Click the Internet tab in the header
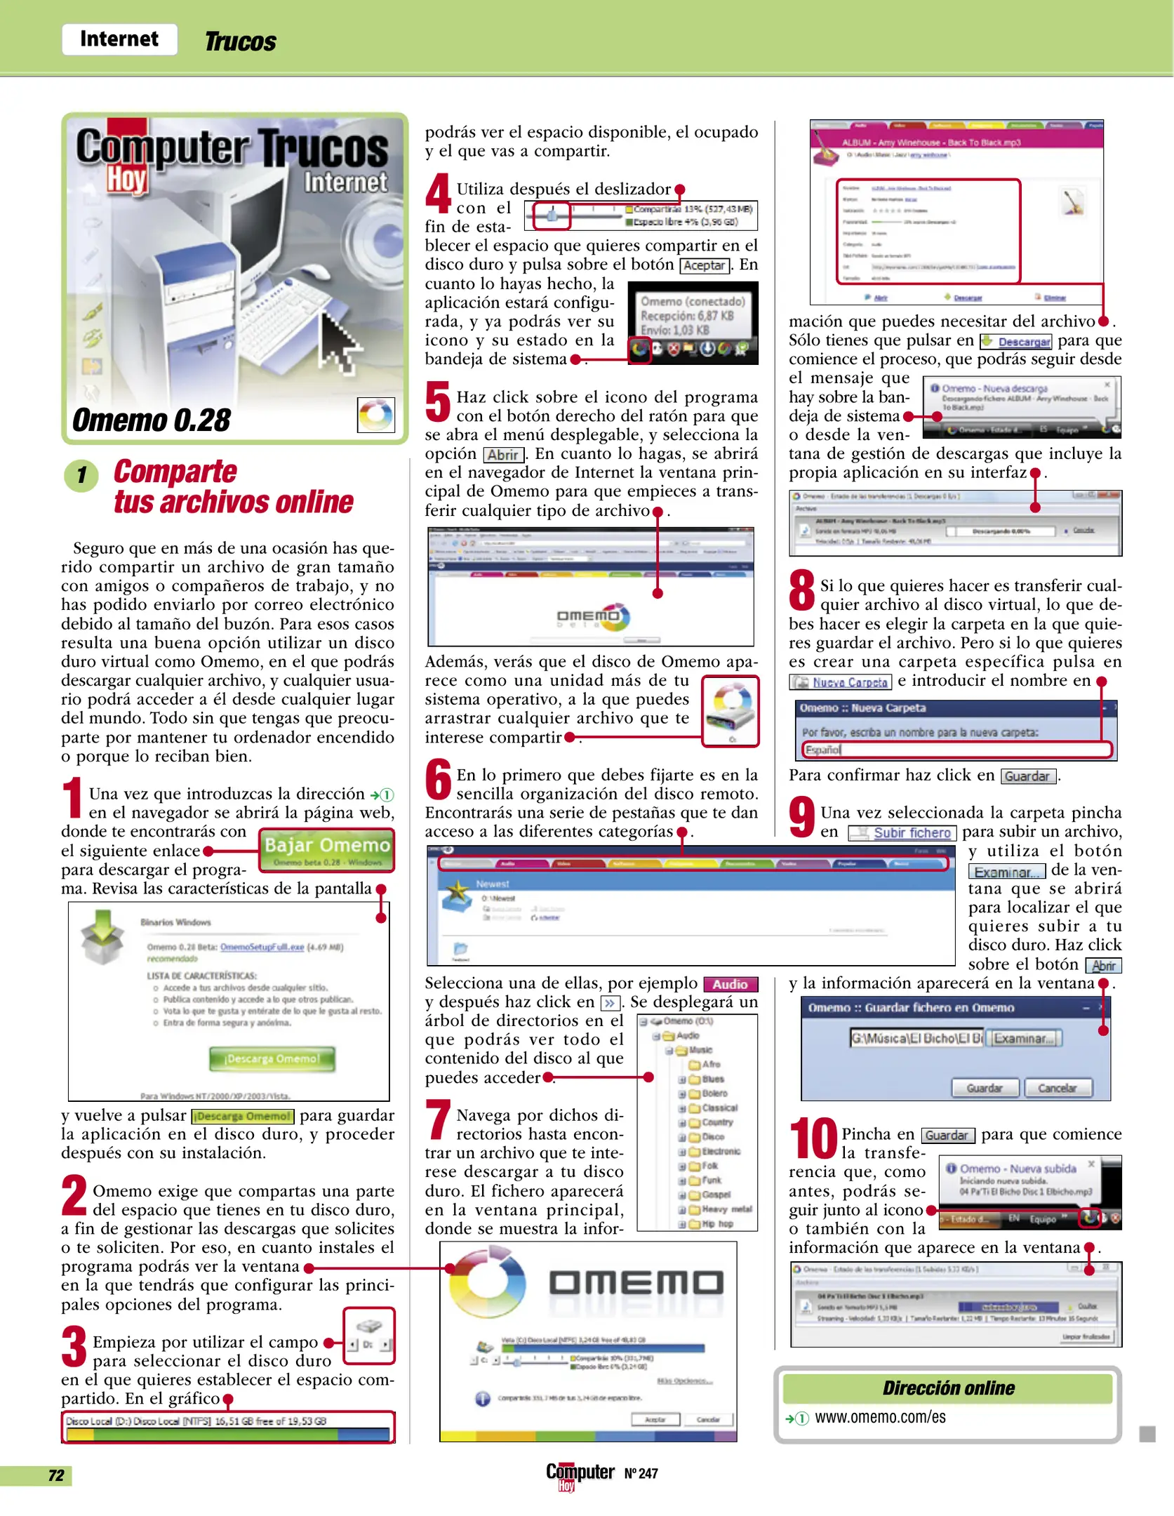pos(119,39)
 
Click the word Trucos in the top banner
pos(240,42)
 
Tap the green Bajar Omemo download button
pos(326,850)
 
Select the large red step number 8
pos(801,591)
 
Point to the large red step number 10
pos(813,1139)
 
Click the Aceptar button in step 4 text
pos(704,265)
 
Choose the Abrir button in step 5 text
pos(502,455)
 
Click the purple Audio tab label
pos(730,984)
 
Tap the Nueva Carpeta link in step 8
pos(849,682)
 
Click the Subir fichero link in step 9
pos(912,833)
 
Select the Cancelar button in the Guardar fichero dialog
pos(1057,1088)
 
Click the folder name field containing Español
pos(957,750)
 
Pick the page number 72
pos(56,1475)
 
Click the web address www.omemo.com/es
pos(880,1417)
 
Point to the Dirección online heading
pos(948,1388)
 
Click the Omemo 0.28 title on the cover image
pos(152,420)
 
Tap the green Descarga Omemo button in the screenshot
pos(272,1058)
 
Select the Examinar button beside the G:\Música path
pos(1024,1038)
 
